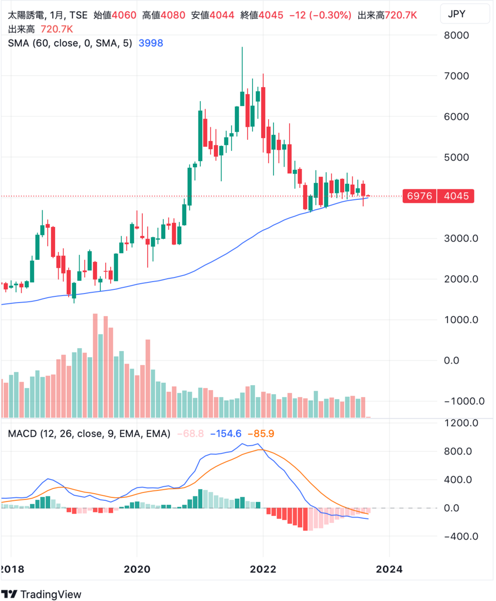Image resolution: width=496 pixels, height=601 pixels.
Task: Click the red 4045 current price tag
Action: tap(455, 196)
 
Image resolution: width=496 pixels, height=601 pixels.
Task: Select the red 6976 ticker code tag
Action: tap(420, 196)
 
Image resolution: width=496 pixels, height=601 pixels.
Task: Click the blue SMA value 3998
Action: tap(150, 44)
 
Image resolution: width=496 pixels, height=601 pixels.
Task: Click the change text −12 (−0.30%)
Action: tap(321, 16)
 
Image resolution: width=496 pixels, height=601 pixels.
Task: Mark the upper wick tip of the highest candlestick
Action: tap(242, 47)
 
